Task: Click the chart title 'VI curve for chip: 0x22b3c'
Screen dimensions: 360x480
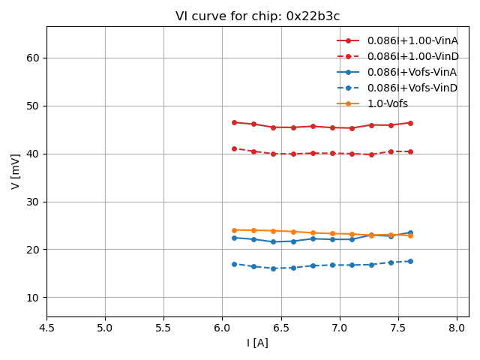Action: pyautogui.click(x=257, y=16)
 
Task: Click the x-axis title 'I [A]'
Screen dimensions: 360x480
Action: pyautogui.click(x=257, y=343)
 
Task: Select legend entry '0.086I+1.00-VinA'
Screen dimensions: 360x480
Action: pyautogui.click(x=412, y=40)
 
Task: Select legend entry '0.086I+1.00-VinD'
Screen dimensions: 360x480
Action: pyautogui.click(x=412, y=56)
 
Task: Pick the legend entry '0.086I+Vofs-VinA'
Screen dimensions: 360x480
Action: pyautogui.click(x=412, y=72)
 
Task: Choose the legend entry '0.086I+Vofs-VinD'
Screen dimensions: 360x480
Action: pyautogui.click(x=412, y=88)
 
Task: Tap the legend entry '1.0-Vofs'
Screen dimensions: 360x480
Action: pyautogui.click(x=388, y=103)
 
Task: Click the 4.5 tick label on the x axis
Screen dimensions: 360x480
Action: pyautogui.click(x=46, y=328)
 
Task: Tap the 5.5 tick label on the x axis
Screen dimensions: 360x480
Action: pyautogui.click(x=163, y=328)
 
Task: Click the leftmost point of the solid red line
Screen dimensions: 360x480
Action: pyautogui.click(x=234, y=122)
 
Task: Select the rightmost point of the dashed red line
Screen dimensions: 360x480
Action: pyautogui.click(x=410, y=151)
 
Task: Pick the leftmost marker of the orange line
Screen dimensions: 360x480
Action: pyautogui.click(x=234, y=230)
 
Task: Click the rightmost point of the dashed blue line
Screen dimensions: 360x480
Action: pyautogui.click(x=410, y=261)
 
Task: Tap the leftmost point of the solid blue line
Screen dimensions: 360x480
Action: pyautogui.click(x=234, y=238)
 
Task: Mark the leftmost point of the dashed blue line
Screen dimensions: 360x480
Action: pyautogui.click(x=234, y=264)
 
